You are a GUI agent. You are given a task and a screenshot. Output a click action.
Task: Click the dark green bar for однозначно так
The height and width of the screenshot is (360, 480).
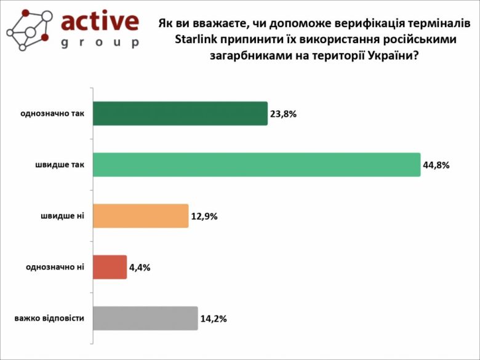click(x=180, y=113)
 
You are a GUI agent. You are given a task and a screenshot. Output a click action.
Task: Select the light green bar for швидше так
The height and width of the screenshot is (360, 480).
click(x=257, y=164)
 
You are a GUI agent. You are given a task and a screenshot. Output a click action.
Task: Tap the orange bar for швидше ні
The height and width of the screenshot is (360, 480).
click(x=141, y=216)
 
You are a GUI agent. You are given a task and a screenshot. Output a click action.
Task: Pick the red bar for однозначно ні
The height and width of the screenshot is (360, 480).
click(x=110, y=267)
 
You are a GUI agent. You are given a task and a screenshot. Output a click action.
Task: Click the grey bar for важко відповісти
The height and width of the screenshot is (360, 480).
click(x=145, y=318)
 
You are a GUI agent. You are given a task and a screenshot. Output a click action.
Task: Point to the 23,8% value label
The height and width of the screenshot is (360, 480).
click(x=283, y=114)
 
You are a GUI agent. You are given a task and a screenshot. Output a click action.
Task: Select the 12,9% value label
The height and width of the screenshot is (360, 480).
click(x=204, y=217)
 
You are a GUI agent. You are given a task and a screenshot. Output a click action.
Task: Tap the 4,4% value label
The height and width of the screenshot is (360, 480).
click(x=140, y=268)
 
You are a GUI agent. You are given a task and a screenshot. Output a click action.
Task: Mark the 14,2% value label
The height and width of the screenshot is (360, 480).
click(x=214, y=319)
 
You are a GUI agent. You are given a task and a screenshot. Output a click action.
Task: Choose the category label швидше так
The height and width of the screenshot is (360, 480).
click(x=60, y=164)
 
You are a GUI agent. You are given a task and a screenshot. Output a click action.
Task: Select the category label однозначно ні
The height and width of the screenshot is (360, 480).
click(x=55, y=267)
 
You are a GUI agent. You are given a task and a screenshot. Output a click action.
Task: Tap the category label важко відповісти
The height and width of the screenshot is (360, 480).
click(x=49, y=318)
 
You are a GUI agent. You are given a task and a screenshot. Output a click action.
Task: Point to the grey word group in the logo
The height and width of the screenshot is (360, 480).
click(x=100, y=43)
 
